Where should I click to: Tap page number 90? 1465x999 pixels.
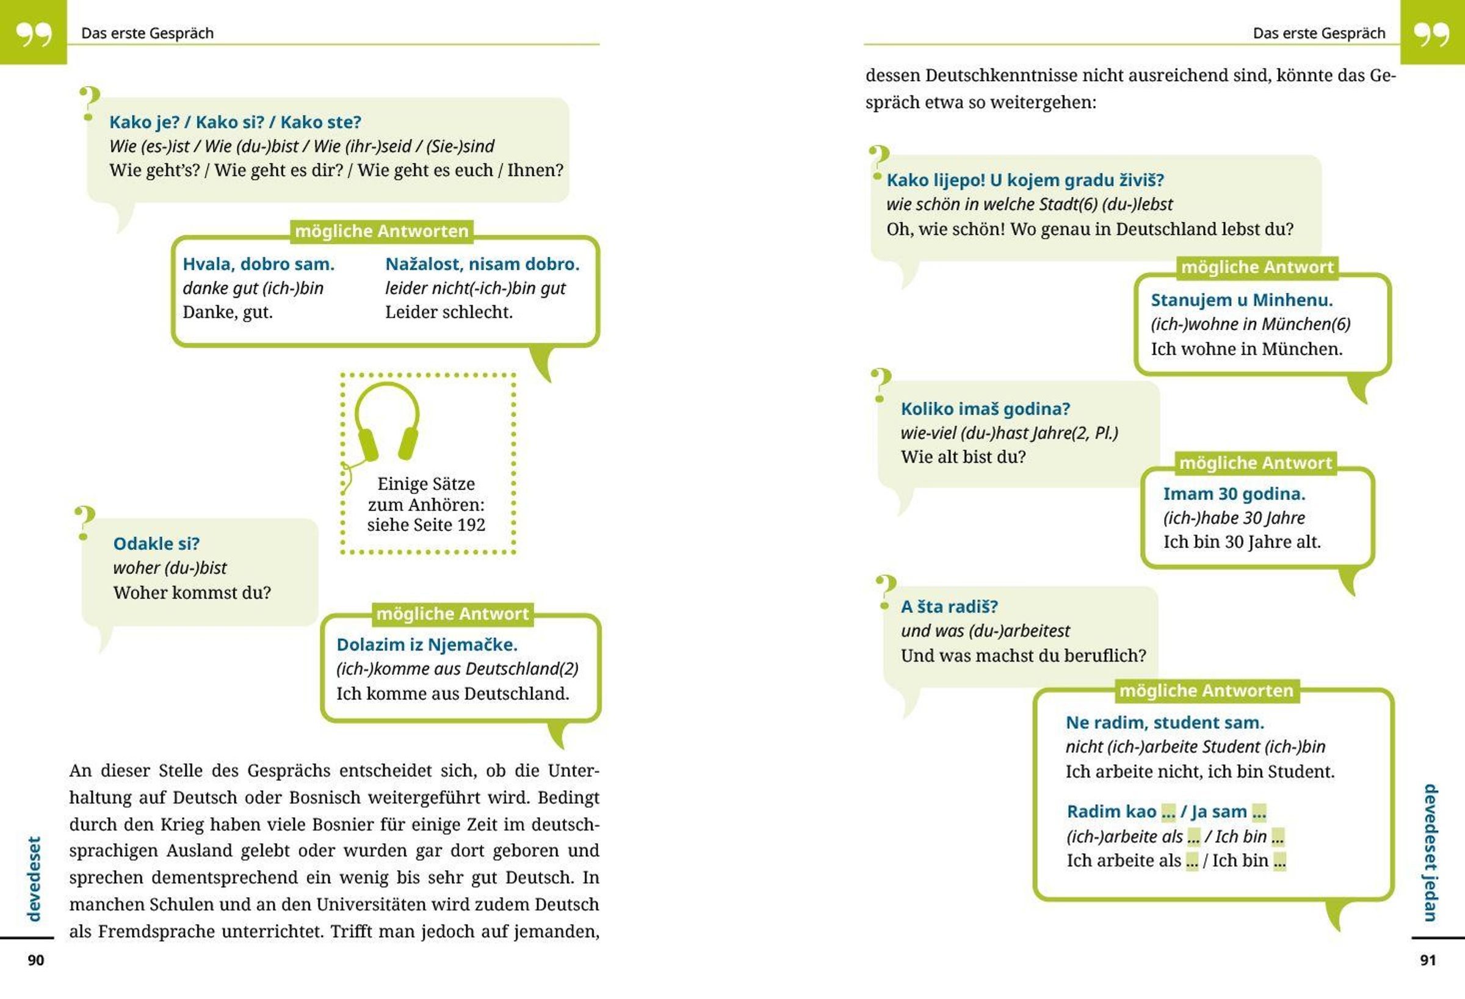click(36, 960)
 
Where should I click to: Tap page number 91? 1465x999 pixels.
click(1428, 960)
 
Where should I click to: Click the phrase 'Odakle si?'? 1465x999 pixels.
click(156, 543)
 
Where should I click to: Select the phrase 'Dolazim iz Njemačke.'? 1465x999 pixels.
click(427, 645)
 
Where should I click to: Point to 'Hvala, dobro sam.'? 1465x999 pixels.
click(258, 264)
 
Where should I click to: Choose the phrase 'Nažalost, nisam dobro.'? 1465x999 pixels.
click(482, 264)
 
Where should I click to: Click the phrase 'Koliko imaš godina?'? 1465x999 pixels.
click(985, 409)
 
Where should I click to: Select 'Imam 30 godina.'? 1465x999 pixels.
click(1234, 494)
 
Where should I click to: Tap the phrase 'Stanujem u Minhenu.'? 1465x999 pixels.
click(1242, 300)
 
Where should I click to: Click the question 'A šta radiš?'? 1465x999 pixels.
click(949, 607)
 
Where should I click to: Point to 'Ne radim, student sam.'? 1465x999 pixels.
click(1165, 723)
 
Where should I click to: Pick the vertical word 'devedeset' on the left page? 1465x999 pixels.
click(34, 879)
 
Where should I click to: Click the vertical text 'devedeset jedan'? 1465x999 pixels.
click(1430, 852)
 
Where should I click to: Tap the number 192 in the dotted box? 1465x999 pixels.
click(472, 525)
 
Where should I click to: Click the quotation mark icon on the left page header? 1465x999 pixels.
click(34, 35)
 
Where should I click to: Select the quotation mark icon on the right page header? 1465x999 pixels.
click(1431, 35)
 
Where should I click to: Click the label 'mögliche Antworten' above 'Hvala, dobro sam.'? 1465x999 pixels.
click(382, 231)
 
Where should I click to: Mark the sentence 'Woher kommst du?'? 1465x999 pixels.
click(192, 593)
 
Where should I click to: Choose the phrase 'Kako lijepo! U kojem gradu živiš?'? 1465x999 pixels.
click(1025, 180)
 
